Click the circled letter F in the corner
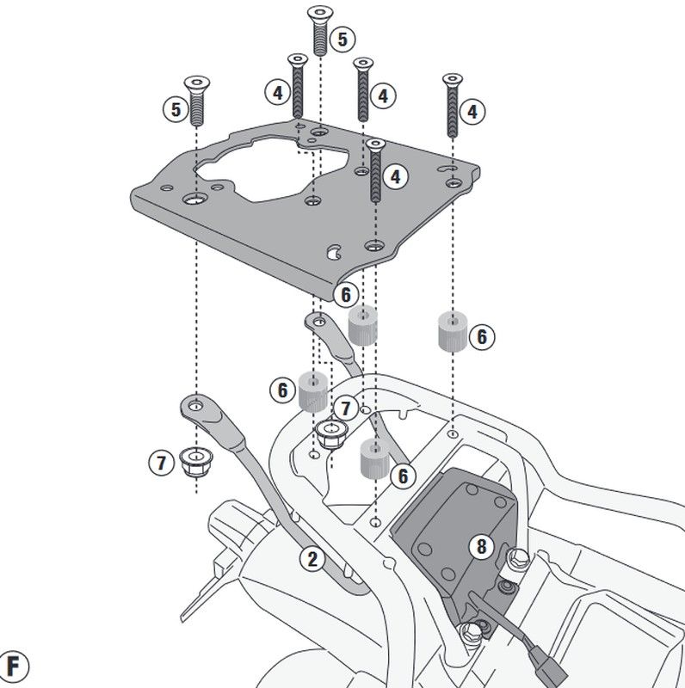(x=15, y=666)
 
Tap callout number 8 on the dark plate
(x=480, y=544)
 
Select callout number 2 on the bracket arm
(x=312, y=560)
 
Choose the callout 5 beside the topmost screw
(x=342, y=38)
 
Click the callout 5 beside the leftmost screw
(x=176, y=109)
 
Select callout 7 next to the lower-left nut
(x=161, y=463)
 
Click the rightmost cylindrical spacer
(x=451, y=331)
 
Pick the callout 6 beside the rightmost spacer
(x=481, y=336)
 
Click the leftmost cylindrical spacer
(x=313, y=390)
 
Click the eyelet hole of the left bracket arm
(x=197, y=402)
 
